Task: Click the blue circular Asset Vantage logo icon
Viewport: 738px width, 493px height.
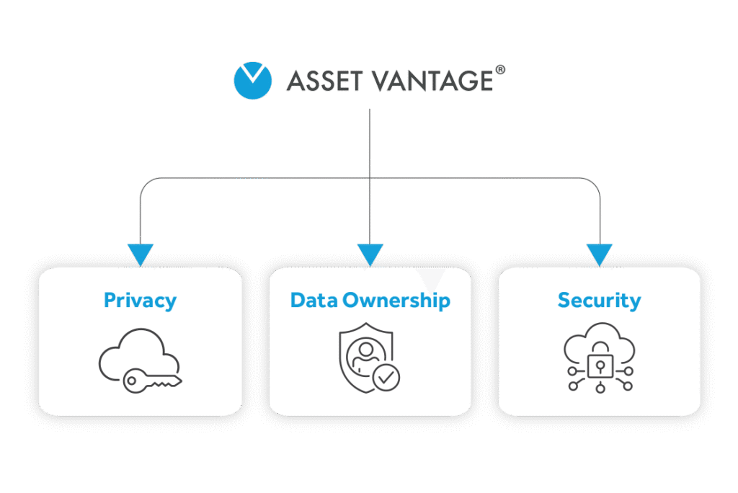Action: click(253, 80)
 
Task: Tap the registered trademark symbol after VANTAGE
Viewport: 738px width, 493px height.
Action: click(501, 70)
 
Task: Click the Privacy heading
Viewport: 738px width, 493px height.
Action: click(140, 300)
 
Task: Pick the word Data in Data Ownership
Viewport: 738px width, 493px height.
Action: click(314, 300)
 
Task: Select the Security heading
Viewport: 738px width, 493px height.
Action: click(599, 300)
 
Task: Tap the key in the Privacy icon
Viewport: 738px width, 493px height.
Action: click(151, 381)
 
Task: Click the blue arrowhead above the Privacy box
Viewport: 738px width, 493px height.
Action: click(140, 254)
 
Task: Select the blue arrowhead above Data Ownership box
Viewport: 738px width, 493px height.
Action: click(370, 254)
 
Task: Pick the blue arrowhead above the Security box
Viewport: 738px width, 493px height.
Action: click(599, 254)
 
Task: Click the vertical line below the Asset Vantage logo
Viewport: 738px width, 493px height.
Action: click(370, 144)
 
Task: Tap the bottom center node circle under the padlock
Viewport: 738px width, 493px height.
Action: click(600, 390)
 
